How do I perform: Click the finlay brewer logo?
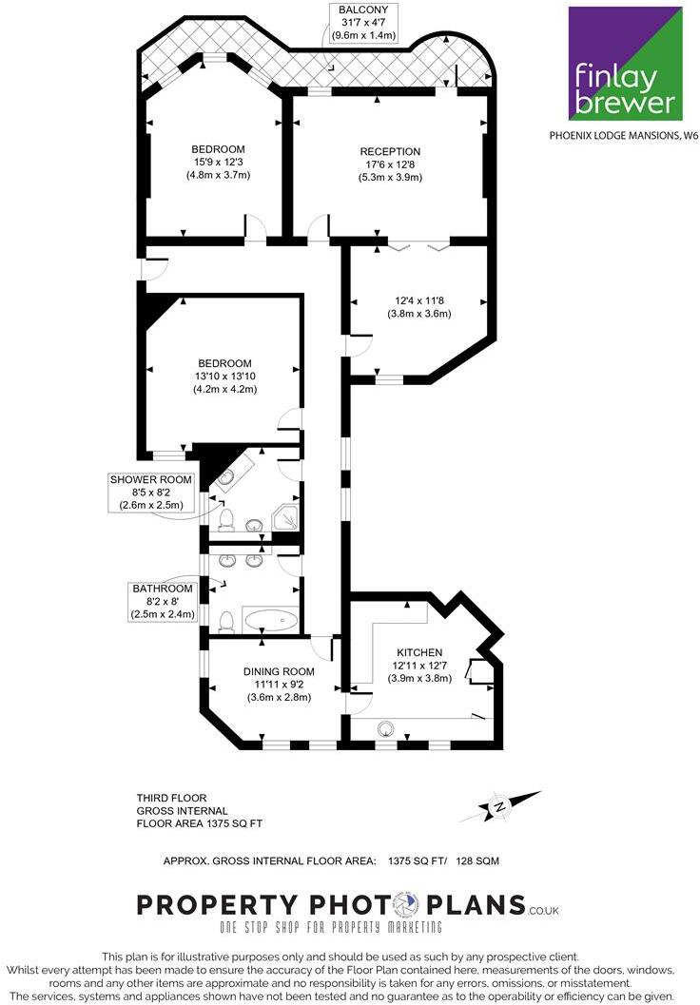pyautogui.click(x=625, y=63)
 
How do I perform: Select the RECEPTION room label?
pyautogui.click(x=389, y=152)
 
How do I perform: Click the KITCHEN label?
pyautogui.click(x=418, y=652)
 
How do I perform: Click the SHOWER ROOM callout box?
pyautogui.click(x=153, y=492)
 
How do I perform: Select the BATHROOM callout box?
pyautogui.click(x=162, y=601)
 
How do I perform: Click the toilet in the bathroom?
pyautogui.click(x=226, y=622)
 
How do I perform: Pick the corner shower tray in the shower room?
pyautogui.click(x=285, y=518)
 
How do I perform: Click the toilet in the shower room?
pyautogui.click(x=226, y=518)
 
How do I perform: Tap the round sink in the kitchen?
pyautogui.click(x=386, y=729)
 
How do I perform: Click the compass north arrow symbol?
pyautogui.click(x=499, y=807)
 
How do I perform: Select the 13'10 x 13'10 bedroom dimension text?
pyautogui.click(x=224, y=377)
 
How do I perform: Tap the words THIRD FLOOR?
pyautogui.click(x=171, y=798)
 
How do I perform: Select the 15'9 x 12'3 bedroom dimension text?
pyautogui.click(x=218, y=163)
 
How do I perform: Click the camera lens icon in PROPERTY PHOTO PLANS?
pyautogui.click(x=406, y=903)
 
